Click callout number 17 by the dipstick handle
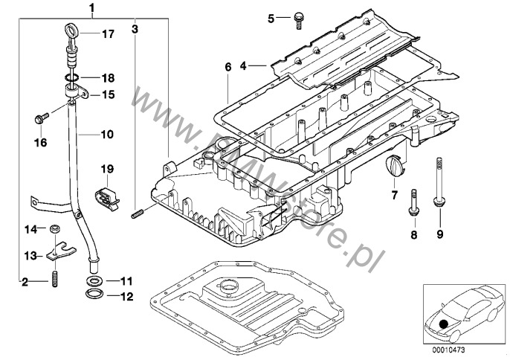(x=109, y=33)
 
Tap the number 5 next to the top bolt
(x=271, y=18)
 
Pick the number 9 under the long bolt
(x=439, y=235)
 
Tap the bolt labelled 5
(x=297, y=18)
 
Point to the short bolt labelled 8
(x=412, y=204)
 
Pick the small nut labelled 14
(x=55, y=228)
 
